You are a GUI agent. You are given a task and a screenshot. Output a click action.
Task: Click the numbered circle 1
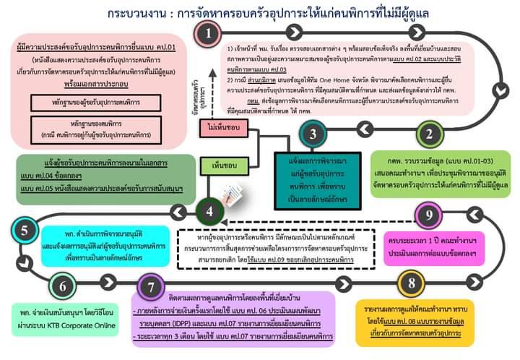(208, 33)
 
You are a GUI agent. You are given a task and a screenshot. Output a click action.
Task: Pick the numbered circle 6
(64, 286)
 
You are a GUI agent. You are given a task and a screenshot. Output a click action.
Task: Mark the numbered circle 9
(428, 214)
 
